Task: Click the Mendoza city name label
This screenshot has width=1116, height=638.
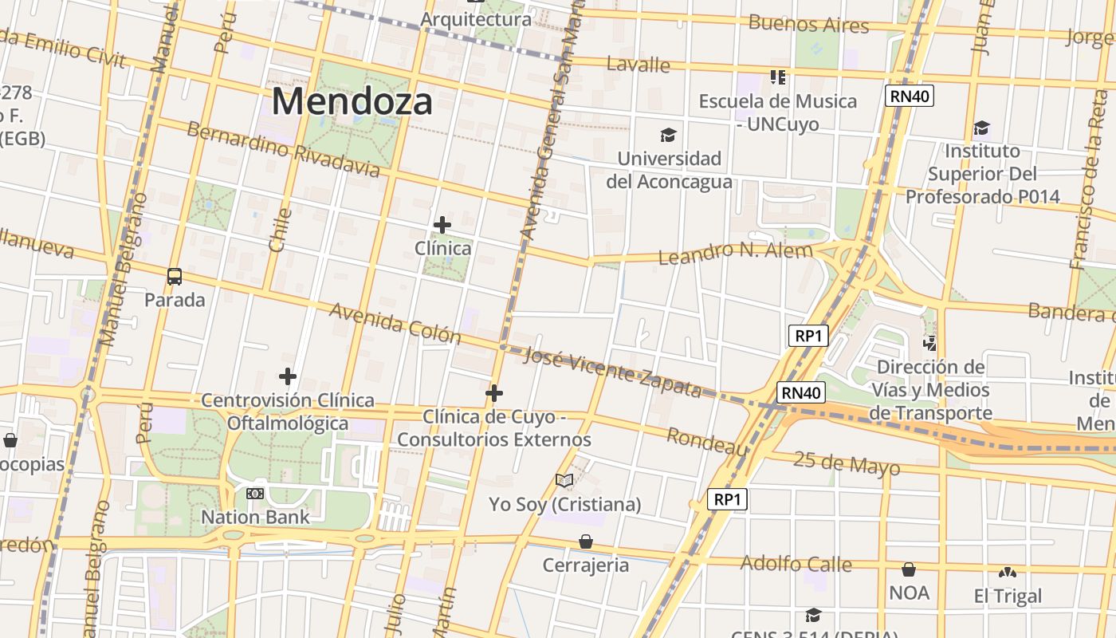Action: point(353,102)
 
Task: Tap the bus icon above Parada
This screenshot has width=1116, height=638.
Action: point(175,277)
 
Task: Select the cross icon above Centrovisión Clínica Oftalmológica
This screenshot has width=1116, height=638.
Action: point(288,376)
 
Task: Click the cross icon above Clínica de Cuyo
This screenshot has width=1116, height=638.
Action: point(494,393)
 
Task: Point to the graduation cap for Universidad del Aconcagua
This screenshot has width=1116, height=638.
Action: point(668,136)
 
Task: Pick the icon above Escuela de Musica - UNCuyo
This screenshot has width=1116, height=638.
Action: point(778,77)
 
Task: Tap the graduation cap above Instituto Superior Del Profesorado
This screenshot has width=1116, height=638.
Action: point(981,128)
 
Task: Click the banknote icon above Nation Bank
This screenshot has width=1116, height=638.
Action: point(255,494)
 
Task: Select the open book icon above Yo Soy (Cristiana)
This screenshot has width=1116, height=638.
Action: point(564,480)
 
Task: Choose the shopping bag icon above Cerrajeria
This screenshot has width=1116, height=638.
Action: point(586,542)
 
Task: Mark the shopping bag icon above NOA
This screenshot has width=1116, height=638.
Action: point(909,569)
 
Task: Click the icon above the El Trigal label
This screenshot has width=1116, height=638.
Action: point(1008,573)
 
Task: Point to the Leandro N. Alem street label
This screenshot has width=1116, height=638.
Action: point(735,253)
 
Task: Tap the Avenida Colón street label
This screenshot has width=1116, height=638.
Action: point(395,322)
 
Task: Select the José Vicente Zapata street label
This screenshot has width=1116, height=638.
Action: point(612,372)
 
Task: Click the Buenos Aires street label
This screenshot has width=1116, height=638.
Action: point(808,24)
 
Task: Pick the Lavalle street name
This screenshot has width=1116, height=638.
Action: point(638,64)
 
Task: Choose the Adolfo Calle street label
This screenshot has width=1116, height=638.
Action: point(796,564)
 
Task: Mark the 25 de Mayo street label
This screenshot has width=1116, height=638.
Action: point(847,463)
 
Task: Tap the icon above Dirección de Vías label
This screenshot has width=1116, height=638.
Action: point(929,344)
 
